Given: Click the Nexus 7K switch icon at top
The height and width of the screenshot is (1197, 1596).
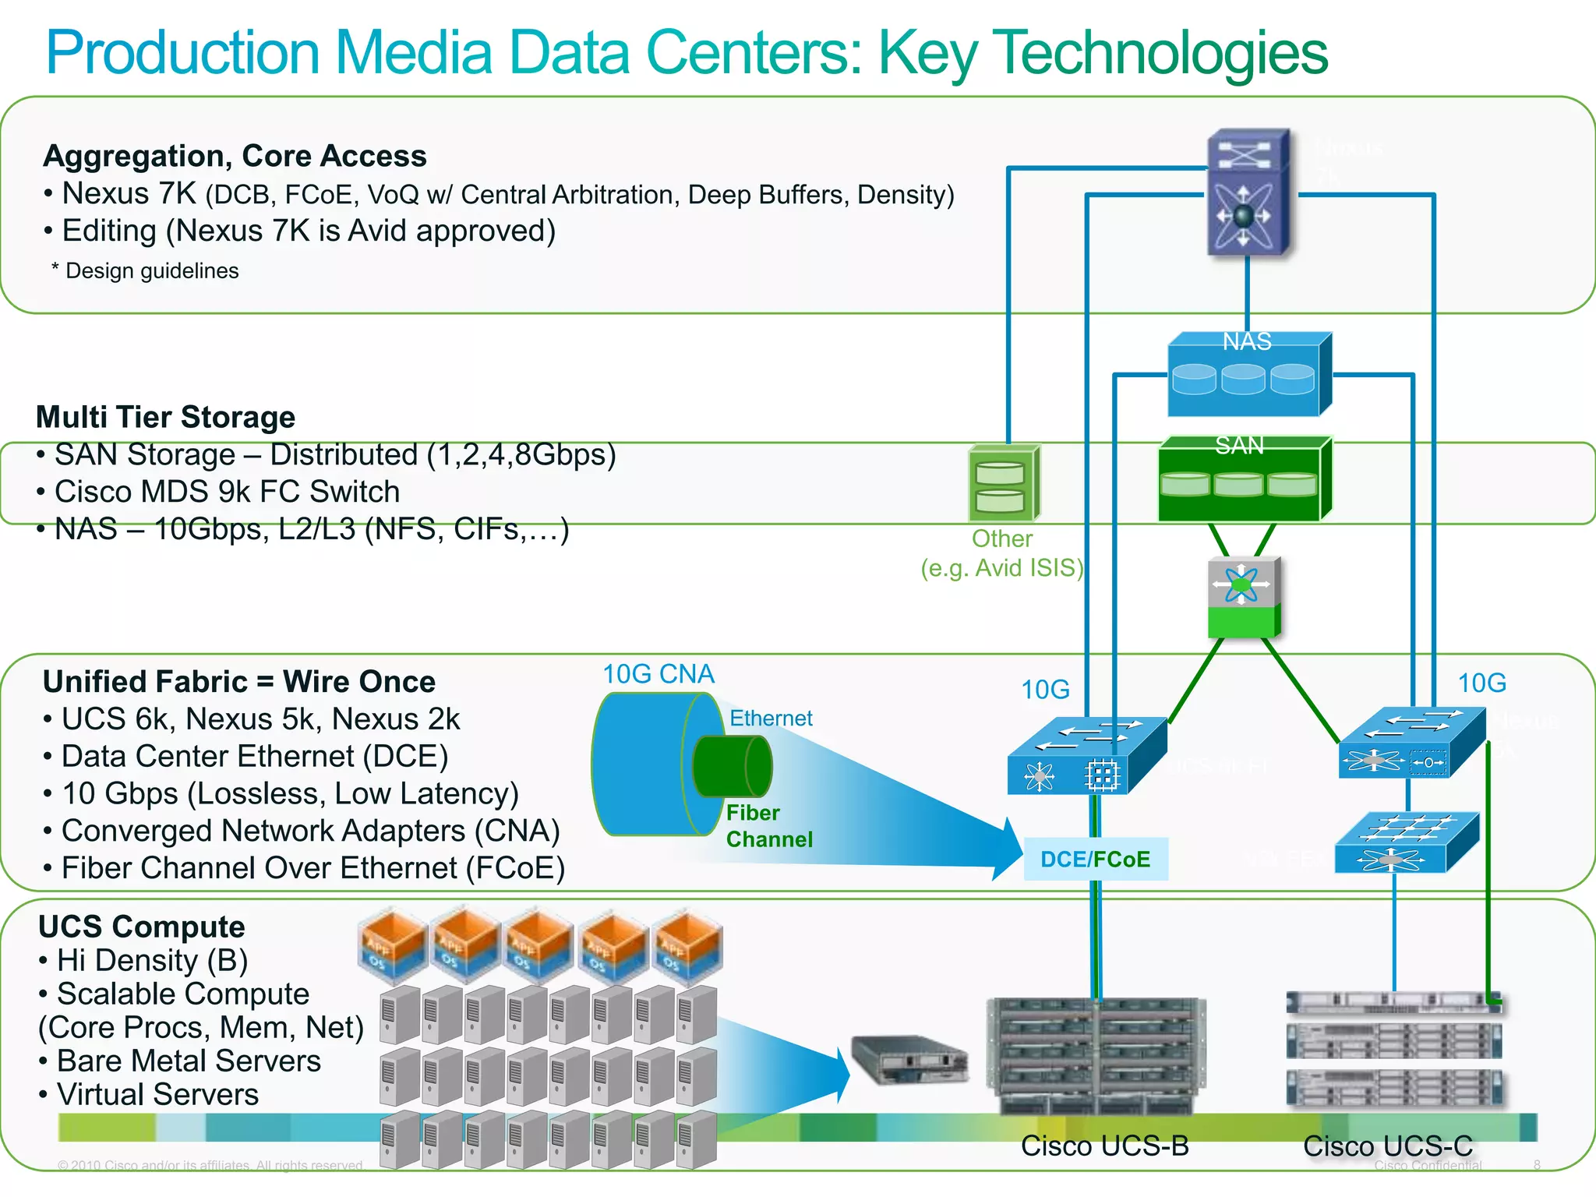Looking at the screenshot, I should point(1248,193).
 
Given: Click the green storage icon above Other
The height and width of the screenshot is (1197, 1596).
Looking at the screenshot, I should point(1003,484).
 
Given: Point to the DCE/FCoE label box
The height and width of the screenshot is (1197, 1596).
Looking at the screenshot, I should point(1095,859).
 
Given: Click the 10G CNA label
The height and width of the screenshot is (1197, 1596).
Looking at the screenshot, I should point(658,674).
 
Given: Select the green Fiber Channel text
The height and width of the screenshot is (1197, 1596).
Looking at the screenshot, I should point(768,826).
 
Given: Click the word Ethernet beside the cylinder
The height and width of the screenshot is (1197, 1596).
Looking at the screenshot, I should point(770,718).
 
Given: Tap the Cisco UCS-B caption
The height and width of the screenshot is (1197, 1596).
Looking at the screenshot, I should point(1104,1146).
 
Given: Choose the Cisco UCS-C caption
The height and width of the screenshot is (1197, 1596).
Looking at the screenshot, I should point(1388,1146).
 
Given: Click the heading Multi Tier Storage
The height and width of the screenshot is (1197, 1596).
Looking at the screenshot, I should point(165,417).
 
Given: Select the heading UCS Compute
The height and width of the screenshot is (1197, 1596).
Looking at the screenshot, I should point(141,927).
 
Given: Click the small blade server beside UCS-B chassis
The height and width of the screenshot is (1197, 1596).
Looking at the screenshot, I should point(909,1060).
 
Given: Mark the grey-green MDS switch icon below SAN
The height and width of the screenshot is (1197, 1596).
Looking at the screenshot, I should point(1244,597).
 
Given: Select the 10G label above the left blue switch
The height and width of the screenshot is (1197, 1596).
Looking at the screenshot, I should point(1045,690).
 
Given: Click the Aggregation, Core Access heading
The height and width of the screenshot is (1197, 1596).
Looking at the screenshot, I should point(235,156).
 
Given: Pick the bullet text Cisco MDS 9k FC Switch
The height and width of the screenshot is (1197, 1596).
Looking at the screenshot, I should point(226,492).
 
